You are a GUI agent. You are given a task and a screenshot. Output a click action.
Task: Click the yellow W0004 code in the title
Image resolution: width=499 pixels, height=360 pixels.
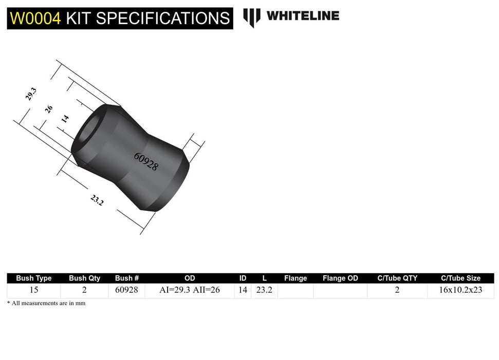point(35,19)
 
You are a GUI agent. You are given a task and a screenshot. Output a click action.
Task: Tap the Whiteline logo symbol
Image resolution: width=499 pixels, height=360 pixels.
point(252,17)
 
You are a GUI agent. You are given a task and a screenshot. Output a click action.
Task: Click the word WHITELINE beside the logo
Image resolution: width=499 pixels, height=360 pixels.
point(303,16)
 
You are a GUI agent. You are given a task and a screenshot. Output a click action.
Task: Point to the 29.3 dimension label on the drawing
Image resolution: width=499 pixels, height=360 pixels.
point(31,94)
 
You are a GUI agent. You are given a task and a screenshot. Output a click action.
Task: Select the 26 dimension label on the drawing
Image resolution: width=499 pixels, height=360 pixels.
point(49,109)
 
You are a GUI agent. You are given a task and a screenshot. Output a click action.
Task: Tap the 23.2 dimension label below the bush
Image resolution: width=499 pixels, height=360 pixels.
point(97,201)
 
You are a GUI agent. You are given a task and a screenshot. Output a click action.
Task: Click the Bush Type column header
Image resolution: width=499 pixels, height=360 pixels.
point(34,278)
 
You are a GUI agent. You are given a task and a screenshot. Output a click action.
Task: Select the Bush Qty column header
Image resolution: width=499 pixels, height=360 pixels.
point(85,278)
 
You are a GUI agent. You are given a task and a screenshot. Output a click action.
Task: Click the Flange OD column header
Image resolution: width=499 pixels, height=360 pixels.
point(340,278)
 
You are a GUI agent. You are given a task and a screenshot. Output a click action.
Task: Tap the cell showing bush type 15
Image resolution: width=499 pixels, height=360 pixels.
point(34,290)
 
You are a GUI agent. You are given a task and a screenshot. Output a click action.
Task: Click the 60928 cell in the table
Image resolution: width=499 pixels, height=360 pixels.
point(127,290)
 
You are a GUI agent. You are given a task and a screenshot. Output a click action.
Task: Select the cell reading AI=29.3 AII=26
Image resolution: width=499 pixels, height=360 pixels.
point(190,290)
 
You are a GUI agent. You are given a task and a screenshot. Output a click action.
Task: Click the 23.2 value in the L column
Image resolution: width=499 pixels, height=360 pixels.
point(264,290)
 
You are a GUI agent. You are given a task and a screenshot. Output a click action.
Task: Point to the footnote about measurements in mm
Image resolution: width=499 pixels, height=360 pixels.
point(46,303)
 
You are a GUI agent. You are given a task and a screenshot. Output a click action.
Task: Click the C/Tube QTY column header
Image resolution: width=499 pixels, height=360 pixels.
point(397,278)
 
